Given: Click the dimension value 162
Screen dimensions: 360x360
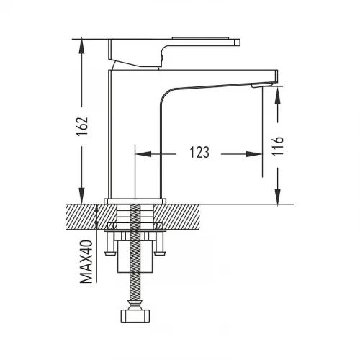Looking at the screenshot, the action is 82,127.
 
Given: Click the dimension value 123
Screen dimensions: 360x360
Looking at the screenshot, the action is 199,153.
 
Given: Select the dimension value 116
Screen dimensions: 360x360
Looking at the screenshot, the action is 278,146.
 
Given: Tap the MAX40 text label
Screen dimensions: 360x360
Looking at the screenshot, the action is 86,261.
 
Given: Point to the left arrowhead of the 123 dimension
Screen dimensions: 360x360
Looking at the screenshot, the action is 143,154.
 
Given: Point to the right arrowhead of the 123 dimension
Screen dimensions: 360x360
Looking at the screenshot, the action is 254,154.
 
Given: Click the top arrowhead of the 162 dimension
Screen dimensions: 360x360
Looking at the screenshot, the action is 82,46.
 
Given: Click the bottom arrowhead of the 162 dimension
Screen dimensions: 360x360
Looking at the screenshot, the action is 82,196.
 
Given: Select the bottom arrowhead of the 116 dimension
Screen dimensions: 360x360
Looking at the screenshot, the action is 277,197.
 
